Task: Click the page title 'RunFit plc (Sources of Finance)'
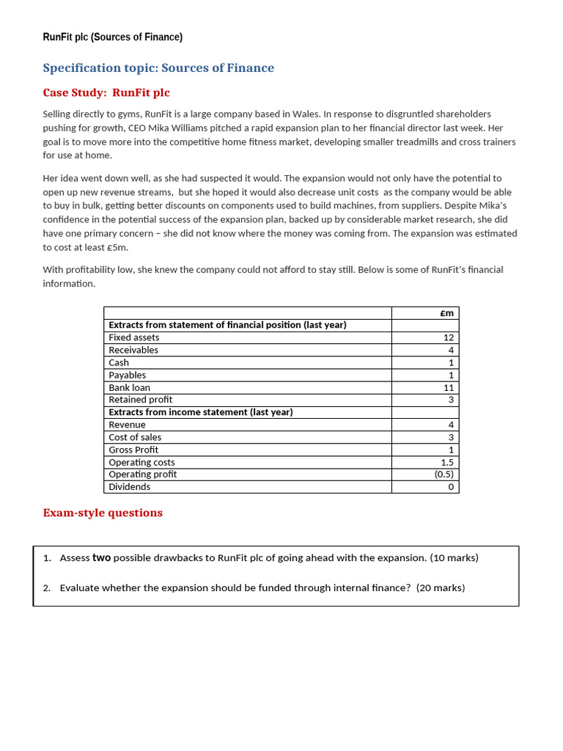coord(113,37)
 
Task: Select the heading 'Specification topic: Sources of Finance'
coord(158,68)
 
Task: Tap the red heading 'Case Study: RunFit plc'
coord(106,93)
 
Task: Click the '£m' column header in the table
coord(446,313)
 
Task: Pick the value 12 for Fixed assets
coord(449,338)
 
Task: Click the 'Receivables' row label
coord(133,351)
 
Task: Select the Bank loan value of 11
coord(449,388)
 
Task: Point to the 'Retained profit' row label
coord(141,400)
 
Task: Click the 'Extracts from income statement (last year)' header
coord(201,412)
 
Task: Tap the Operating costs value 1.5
coord(447,463)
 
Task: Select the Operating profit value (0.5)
coord(444,475)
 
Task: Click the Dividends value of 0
coord(451,487)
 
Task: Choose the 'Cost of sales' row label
coord(135,438)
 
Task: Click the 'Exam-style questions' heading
coord(103,513)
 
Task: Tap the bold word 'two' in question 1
coord(101,558)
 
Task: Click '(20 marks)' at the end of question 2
coord(441,588)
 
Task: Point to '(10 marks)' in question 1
coord(454,558)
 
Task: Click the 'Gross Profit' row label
coord(133,450)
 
